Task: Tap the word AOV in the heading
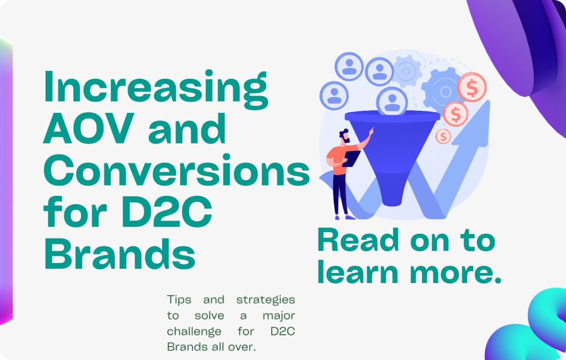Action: [x=89, y=129]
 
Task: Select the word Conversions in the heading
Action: [x=177, y=170]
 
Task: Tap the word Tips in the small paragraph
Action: [x=179, y=300]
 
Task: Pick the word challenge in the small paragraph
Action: [x=194, y=331]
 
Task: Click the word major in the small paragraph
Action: [x=279, y=316]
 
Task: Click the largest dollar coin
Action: [x=472, y=87]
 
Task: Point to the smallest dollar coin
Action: [x=443, y=136]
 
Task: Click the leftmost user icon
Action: [x=334, y=96]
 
